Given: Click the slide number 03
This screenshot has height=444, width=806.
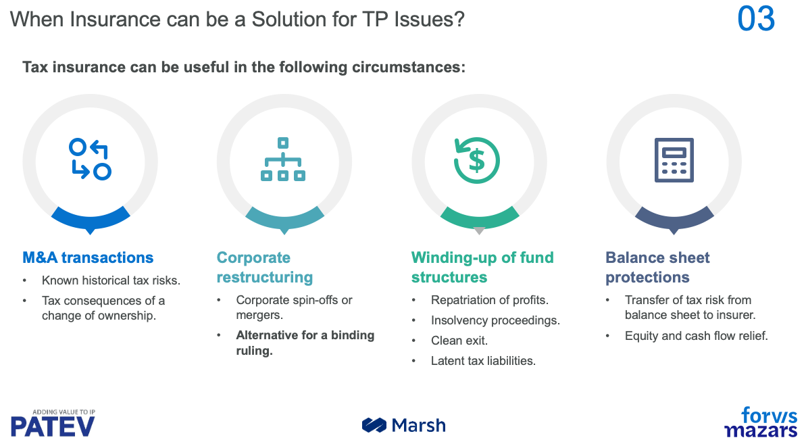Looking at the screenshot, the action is click(756, 19).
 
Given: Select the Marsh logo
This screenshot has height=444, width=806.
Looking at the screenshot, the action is click(404, 425).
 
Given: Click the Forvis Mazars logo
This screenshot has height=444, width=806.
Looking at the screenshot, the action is click(761, 422).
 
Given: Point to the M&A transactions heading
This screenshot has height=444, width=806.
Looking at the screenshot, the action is click(88, 257).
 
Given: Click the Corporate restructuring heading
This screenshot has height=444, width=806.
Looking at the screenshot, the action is click(265, 268).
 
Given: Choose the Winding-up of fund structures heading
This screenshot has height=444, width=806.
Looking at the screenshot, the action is click(482, 268).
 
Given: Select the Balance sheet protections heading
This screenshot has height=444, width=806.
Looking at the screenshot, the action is click(657, 268).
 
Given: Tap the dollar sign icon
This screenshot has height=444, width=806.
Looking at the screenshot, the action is click(477, 160).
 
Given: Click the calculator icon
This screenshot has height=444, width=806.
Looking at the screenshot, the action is click(674, 160).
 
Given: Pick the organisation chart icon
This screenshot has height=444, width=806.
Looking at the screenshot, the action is click(283, 160).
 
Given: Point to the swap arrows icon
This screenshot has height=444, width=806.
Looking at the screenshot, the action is click(90, 160).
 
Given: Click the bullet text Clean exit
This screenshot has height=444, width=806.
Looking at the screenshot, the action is click(459, 341).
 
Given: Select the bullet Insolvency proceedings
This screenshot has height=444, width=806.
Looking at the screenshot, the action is click(495, 320).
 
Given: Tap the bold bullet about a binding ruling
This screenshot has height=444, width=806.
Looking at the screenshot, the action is click(305, 343).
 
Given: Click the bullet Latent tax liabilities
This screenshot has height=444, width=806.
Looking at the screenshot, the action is click(483, 361).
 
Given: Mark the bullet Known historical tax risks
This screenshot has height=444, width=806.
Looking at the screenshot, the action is click(111, 280).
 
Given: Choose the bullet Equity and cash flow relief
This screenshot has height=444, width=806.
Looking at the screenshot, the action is click(696, 335).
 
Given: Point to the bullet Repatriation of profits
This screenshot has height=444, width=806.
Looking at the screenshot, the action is click(489, 300).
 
